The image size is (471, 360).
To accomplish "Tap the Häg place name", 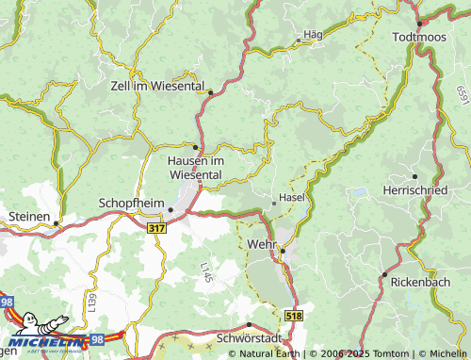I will (x=313, y=34).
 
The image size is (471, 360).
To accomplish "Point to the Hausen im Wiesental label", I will (x=194, y=167).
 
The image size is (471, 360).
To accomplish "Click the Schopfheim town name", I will (x=131, y=203).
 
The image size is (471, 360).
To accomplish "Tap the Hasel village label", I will (x=293, y=198).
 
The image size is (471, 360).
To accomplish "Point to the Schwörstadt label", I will (x=249, y=337).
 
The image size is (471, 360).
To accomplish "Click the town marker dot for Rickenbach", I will (x=384, y=273).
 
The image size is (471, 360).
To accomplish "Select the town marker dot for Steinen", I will (x=56, y=223).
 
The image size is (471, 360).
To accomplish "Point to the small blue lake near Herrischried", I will (x=358, y=192).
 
